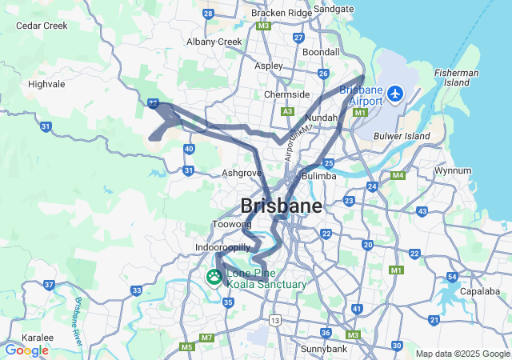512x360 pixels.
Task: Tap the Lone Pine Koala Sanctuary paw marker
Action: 215,276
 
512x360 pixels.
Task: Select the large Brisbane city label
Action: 282,206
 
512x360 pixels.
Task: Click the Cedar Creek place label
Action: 42,26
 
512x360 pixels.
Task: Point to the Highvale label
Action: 46,83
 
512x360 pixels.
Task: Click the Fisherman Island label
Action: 457,78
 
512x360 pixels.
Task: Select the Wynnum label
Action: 452,171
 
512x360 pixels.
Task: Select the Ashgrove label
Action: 242,172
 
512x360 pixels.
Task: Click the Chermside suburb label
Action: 286,94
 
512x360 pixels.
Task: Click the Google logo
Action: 26,350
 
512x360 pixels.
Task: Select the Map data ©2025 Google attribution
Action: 462,354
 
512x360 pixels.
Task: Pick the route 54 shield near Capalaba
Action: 453,278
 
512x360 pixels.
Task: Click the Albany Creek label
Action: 214,42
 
